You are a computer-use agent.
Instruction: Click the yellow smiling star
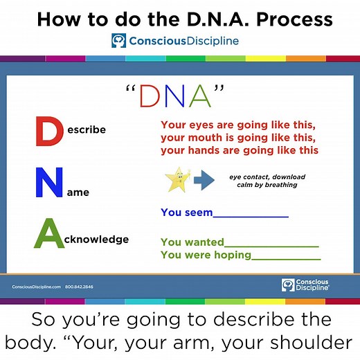pos(177,181)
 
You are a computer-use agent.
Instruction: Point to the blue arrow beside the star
pos(204,181)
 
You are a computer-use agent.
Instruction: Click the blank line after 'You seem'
pos(251,215)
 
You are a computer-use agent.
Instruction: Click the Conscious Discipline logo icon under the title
pos(119,42)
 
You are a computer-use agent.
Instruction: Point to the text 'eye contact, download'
pos(267,177)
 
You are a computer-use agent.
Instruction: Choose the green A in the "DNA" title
pos(199,96)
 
